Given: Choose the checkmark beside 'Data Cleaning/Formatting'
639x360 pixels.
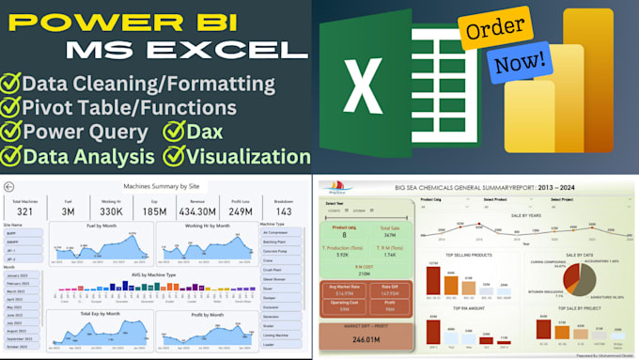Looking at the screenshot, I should click(13, 84).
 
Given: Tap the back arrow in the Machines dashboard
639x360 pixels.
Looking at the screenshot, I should click(9, 187).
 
